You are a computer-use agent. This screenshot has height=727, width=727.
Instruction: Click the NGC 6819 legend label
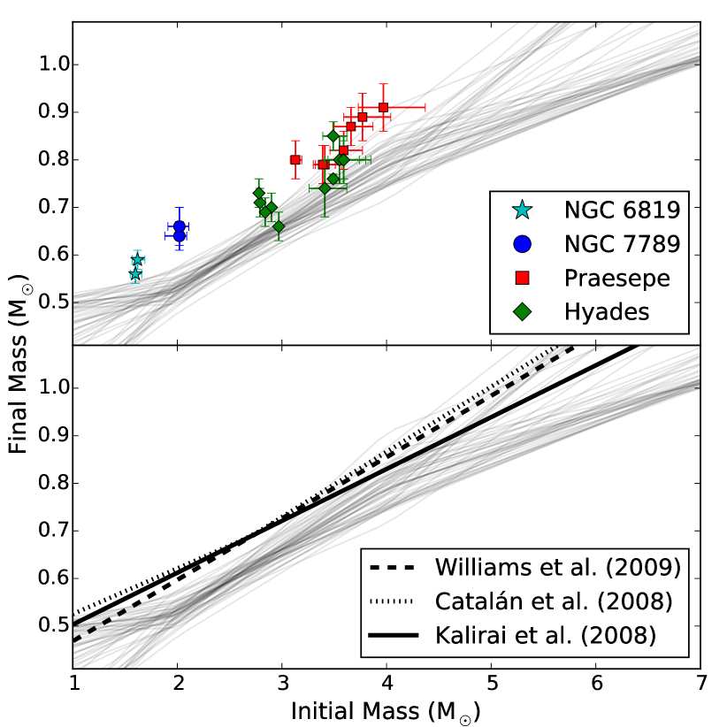click(622, 210)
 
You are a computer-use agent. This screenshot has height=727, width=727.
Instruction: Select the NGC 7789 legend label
click(622, 244)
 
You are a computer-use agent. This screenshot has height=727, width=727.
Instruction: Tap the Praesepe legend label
click(617, 278)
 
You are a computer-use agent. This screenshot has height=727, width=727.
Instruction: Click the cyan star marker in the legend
click(524, 210)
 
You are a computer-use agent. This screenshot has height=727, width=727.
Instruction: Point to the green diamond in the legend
click(524, 311)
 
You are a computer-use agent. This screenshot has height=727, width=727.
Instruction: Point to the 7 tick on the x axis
click(700, 684)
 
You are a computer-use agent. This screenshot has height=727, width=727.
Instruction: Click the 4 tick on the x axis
click(386, 684)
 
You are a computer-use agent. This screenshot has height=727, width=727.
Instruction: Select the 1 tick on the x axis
click(73, 684)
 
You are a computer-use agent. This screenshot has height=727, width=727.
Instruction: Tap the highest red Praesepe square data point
click(383, 108)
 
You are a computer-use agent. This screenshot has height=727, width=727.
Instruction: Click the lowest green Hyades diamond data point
click(279, 226)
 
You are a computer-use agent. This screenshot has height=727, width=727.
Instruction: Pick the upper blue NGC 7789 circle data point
click(180, 226)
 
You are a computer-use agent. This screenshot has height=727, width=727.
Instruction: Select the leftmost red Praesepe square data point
click(295, 160)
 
